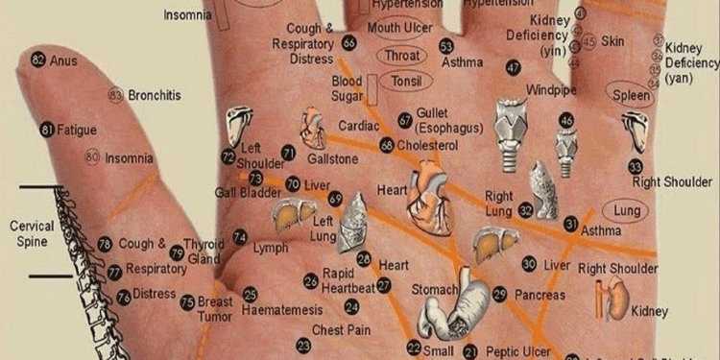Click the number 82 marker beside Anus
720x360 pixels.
(38, 60)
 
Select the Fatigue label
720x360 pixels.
(77, 129)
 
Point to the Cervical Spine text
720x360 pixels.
(32, 233)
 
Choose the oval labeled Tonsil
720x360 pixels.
(406, 81)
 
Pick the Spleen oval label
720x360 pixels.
(632, 96)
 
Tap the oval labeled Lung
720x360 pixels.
(626, 209)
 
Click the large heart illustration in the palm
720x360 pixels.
(430, 197)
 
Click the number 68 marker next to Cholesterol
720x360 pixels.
(387, 145)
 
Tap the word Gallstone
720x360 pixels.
(332, 158)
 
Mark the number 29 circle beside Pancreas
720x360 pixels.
(499, 294)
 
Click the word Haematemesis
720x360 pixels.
(282, 311)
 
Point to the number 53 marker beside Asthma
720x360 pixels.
(446, 46)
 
